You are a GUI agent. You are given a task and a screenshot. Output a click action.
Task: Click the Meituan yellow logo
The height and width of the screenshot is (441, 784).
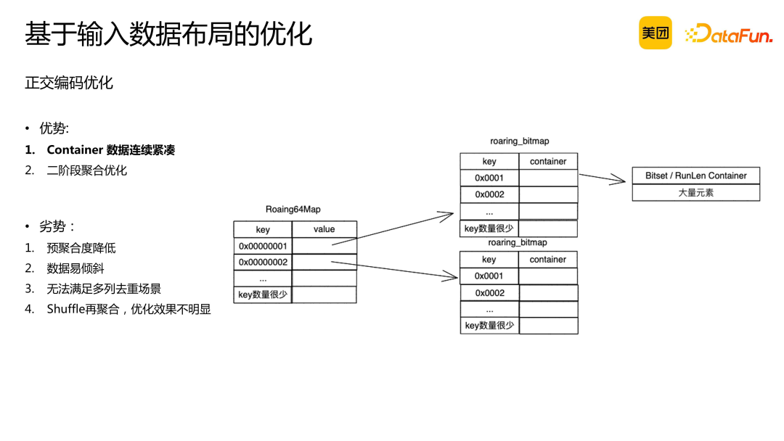(x=655, y=33)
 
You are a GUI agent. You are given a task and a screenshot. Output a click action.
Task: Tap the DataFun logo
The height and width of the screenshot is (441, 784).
(x=728, y=33)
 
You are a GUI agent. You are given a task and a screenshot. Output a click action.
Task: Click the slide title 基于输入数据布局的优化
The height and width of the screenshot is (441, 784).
(x=168, y=34)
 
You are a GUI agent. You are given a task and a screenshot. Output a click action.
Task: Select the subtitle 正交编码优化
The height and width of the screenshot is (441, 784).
(x=69, y=83)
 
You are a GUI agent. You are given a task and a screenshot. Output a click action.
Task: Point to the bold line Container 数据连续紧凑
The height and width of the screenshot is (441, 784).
(x=110, y=150)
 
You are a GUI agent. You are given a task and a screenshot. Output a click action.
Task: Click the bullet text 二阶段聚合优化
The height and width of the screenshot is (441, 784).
(x=86, y=170)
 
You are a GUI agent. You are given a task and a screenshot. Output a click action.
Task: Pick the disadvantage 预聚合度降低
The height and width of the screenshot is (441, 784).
(x=81, y=248)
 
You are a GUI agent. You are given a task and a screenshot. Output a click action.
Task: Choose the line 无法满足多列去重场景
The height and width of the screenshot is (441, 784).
(x=104, y=289)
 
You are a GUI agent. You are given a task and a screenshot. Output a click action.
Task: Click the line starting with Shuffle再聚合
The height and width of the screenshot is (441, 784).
(x=128, y=309)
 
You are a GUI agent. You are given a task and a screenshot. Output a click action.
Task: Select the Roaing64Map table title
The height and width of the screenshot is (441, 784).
(x=293, y=210)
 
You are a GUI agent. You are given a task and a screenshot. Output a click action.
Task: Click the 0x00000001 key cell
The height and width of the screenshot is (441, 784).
(x=263, y=246)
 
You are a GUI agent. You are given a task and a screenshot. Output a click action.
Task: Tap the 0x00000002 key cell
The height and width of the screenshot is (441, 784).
(x=263, y=262)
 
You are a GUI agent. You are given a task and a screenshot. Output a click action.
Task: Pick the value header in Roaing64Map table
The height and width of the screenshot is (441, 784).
(x=324, y=229)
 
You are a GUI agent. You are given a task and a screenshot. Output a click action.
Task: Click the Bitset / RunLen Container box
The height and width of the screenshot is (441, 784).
(x=695, y=176)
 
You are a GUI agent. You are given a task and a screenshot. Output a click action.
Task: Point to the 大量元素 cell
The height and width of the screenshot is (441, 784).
(x=695, y=193)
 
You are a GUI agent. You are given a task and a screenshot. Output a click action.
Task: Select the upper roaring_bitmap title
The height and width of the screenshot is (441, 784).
(x=519, y=141)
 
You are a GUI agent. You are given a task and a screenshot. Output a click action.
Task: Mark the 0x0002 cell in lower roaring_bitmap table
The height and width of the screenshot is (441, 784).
(x=489, y=293)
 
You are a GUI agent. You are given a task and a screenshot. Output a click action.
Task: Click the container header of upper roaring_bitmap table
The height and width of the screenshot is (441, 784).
(x=548, y=162)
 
